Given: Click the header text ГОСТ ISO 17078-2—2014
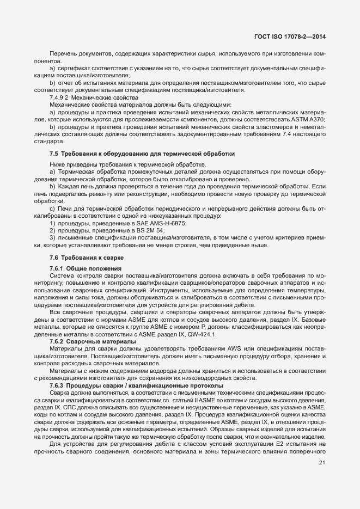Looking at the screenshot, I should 294,37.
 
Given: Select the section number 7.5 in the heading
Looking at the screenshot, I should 54,154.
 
